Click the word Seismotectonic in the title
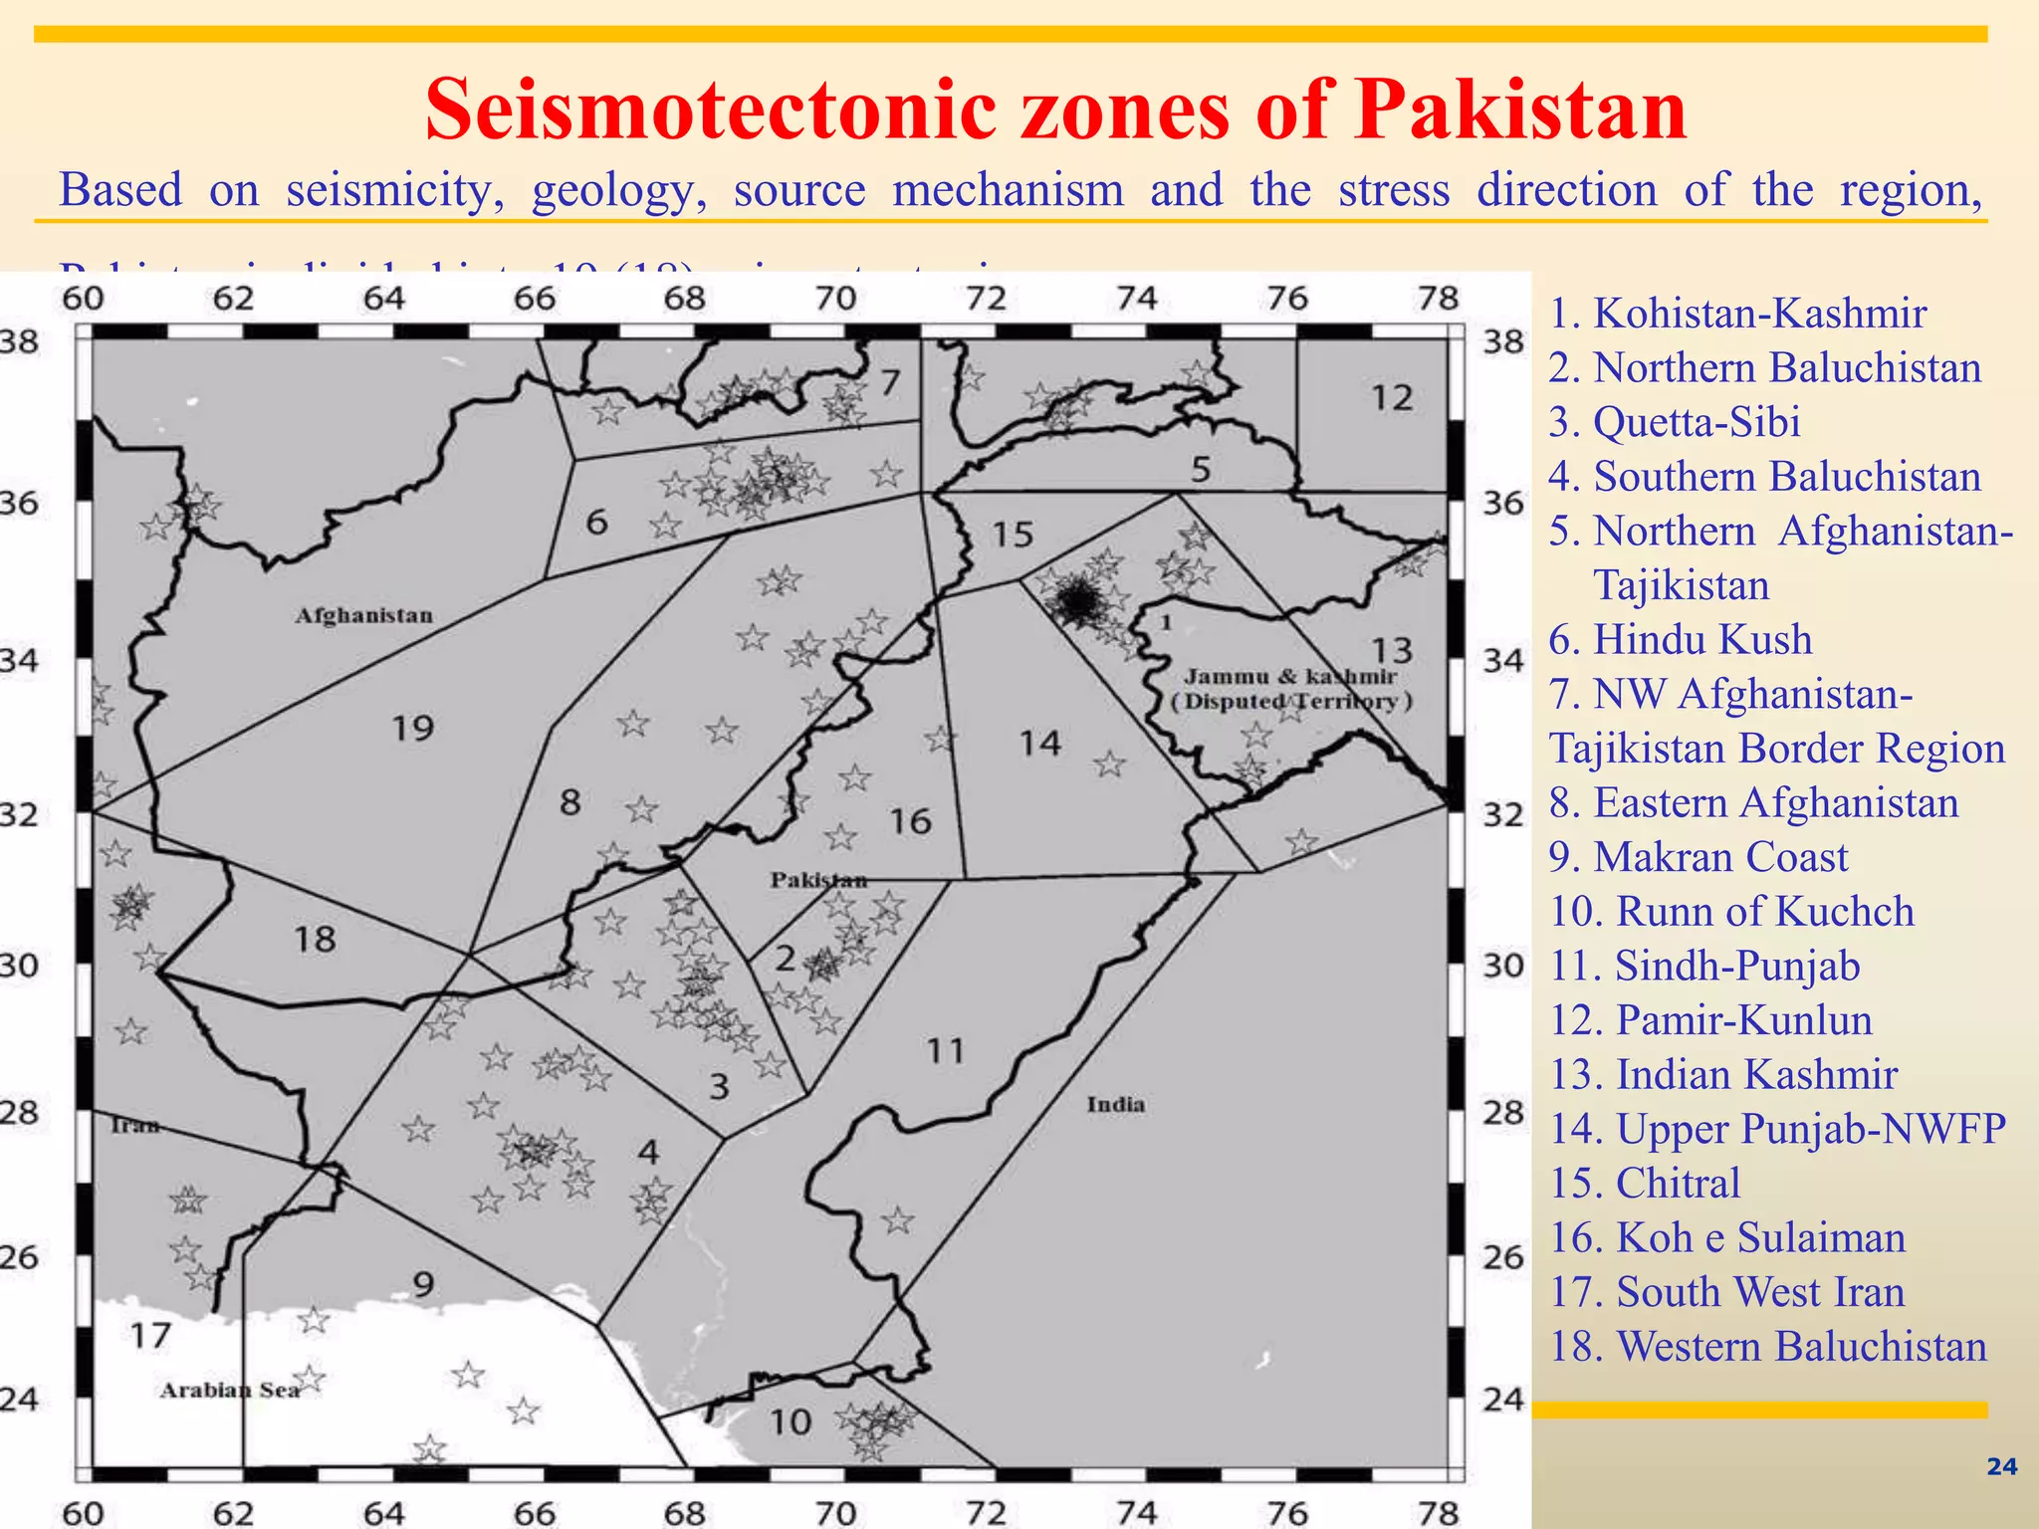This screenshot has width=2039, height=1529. [711, 109]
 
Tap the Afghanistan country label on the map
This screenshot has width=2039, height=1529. [363, 615]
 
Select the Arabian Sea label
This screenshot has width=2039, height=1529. [230, 1390]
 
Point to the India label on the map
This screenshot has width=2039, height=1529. [1115, 1104]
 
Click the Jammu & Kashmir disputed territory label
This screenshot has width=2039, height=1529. [1291, 689]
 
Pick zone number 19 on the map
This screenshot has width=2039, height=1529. [412, 728]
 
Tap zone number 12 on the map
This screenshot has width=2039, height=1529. [1391, 397]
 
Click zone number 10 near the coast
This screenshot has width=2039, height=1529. [791, 1421]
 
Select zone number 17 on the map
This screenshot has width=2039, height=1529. [150, 1335]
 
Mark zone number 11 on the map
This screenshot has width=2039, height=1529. [945, 1050]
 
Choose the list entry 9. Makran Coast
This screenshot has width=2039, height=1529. [1698, 857]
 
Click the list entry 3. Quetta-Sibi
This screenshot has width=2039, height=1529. [1674, 422]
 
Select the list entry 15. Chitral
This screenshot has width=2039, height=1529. [1645, 1184]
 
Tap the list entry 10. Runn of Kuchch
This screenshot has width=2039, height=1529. [1730, 912]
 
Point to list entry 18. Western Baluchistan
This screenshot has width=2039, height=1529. [1767, 1347]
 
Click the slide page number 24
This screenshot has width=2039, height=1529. [2001, 1466]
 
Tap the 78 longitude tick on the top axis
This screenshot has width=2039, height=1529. [1438, 298]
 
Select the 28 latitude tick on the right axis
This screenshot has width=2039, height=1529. [1503, 1112]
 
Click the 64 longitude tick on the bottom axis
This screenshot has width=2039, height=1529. [383, 1513]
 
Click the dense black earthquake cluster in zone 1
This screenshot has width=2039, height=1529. [1076, 600]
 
